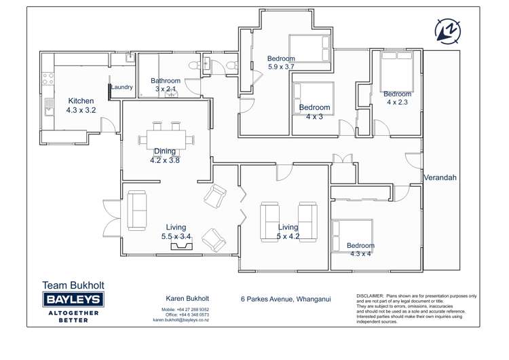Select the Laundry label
tap(122, 87)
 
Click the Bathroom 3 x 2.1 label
tap(166, 85)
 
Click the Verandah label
tap(440, 177)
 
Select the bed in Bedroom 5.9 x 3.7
tap(309, 48)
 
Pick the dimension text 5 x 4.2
tap(288, 236)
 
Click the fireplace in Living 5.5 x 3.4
tap(181, 246)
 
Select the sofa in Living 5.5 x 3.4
tap(137, 211)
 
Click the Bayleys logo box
tap(73, 300)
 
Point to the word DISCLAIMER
tap(369, 296)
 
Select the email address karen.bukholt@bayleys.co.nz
tap(181, 319)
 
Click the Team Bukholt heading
tap(73, 285)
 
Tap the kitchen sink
tap(49, 105)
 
